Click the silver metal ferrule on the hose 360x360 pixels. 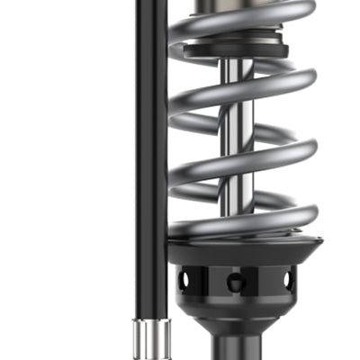[148, 337]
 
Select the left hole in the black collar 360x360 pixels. [185, 281]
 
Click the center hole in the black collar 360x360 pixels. [236, 282]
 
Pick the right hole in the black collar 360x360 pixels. [288, 280]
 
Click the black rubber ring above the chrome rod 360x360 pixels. [236, 47]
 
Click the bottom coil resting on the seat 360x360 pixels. [243, 225]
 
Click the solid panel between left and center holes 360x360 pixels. [210, 281]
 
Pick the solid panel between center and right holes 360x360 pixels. [263, 281]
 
